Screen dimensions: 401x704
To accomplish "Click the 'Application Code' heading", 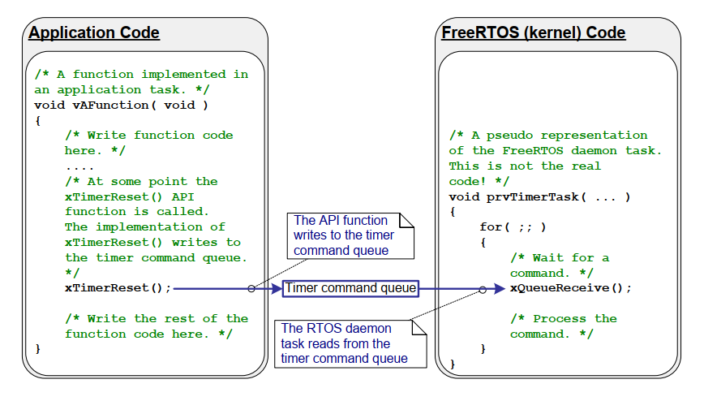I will pos(94,33).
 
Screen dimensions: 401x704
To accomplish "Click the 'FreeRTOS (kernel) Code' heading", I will pos(533,33).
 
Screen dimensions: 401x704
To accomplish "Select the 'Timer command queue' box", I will pos(350,288).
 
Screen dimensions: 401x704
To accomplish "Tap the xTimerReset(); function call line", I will pos(118,288).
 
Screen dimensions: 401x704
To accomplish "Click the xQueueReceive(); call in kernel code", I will pos(570,288).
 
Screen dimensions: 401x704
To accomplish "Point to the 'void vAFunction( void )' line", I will pos(121,105).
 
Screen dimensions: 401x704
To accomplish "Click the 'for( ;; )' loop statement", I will pos(513,227).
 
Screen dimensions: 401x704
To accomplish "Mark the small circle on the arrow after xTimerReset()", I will pos(251,288).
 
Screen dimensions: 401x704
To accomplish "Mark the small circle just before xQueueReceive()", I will pos(483,289).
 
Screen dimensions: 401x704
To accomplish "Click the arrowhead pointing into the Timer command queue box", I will pos(277,288).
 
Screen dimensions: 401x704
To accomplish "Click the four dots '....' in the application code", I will pos(80,166).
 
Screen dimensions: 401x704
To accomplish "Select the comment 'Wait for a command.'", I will pos(559,265).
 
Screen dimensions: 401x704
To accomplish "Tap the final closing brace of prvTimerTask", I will pos(453,364).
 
